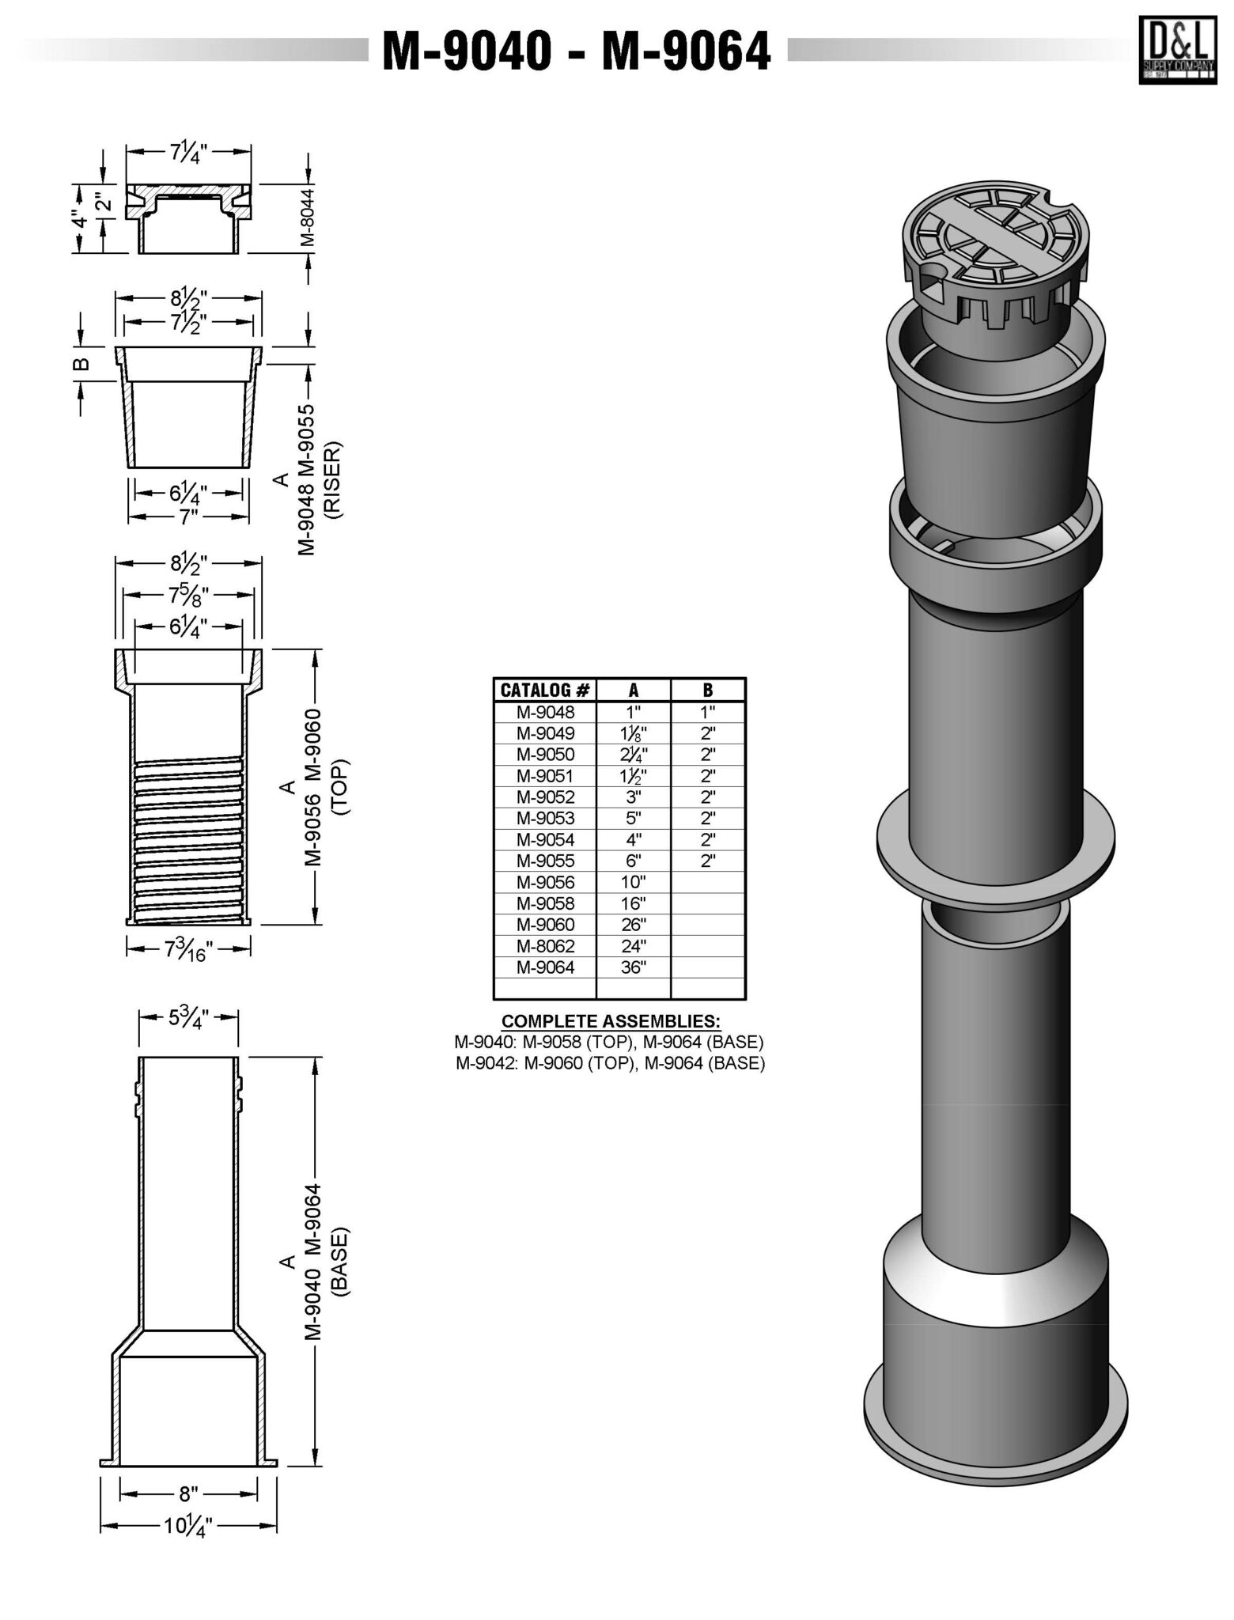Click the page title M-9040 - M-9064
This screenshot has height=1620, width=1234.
[x=577, y=51]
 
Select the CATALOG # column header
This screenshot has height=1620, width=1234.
[x=545, y=690]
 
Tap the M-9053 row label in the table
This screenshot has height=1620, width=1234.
[x=545, y=818]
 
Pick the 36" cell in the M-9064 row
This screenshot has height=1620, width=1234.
[x=634, y=967]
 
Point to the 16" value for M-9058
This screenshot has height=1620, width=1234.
[x=634, y=903]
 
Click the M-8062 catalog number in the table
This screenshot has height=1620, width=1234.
[x=545, y=945]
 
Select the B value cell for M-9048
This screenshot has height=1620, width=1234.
[x=708, y=711]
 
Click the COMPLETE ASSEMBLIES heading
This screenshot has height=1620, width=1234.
[x=611, y=1020]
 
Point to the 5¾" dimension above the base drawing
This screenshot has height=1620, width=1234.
[x=188, y=1020]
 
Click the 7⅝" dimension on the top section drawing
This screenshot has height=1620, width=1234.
[x=189, y=595]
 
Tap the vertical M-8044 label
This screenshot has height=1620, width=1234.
[x=308, y=217]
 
